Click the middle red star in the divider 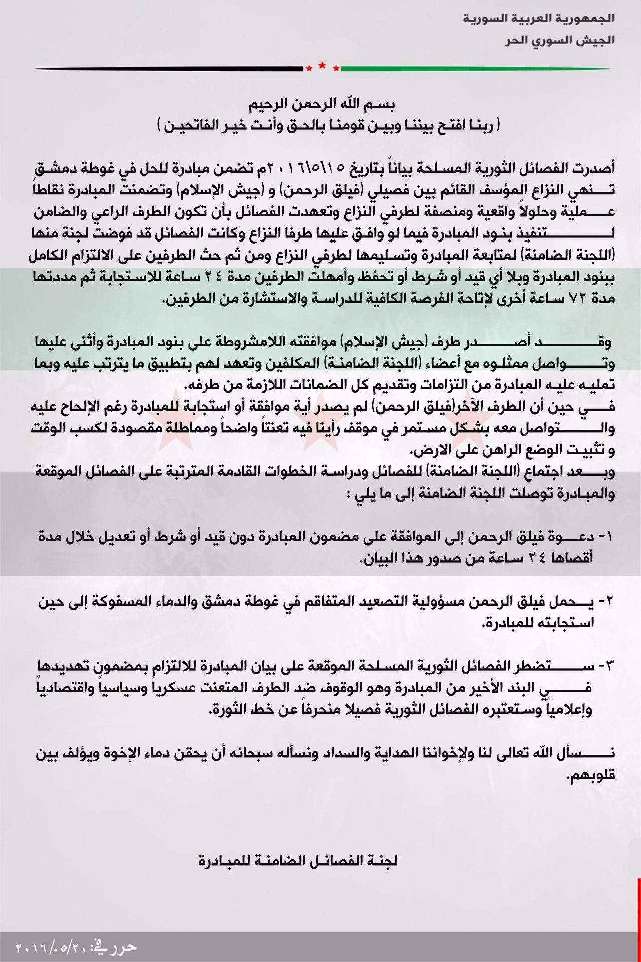pyautogui.click(x=322, y=65)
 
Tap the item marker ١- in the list pyautogui.click(x=605, y=536)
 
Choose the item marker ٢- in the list pyautogui.click(x=605, y=601)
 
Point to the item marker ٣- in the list pyautogui.click(x=605, y=666)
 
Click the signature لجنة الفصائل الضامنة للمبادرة pyautogui.click(x=297, y=861)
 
